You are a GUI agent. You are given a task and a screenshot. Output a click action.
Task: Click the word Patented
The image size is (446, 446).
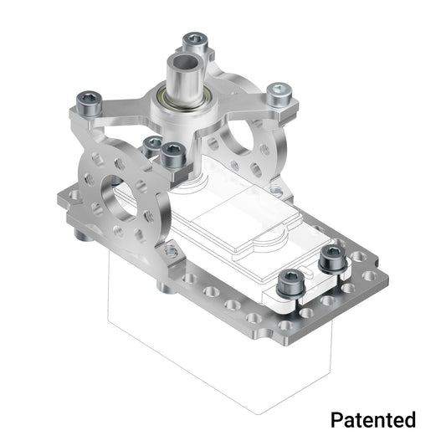click(372, 418)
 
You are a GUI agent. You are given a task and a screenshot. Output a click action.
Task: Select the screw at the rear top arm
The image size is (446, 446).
click(194, 39)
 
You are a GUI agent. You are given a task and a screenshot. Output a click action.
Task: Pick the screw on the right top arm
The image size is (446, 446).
click(278, 92)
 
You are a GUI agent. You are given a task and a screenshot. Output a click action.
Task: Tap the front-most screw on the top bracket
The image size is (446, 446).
click(173, 152)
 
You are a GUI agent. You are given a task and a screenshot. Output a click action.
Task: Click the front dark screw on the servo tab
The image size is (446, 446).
click(290, 280)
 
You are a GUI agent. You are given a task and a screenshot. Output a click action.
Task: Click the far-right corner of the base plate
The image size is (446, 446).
click(386, 269)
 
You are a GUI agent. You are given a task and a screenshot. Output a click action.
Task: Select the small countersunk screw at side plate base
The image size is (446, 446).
click(171, 251)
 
